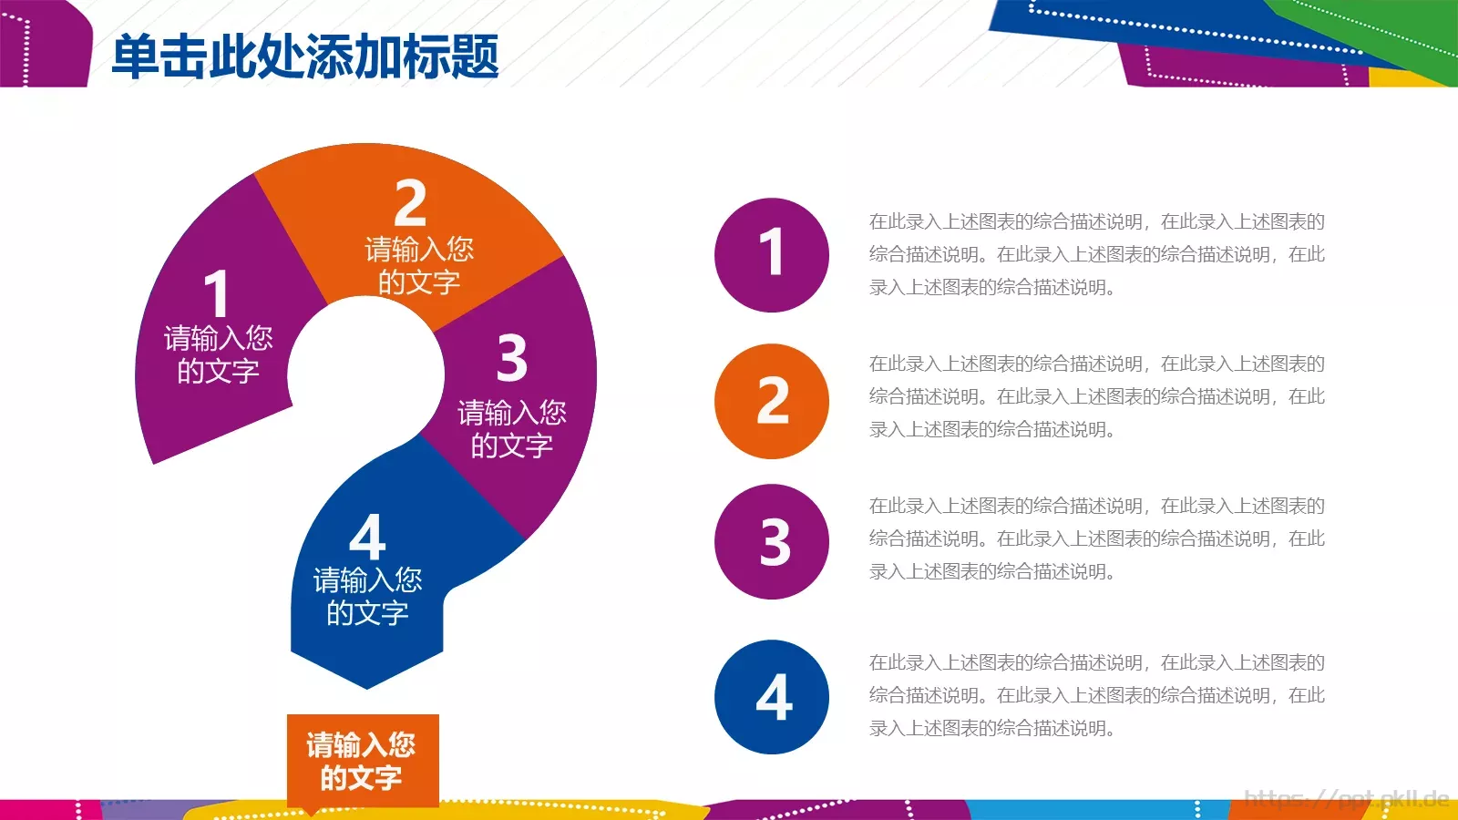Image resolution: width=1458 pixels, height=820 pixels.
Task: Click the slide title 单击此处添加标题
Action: tap(305, 56)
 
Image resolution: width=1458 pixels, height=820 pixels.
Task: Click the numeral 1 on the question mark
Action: tap(216, 293)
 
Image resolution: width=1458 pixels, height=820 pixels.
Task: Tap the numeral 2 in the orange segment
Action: tap(411, 203)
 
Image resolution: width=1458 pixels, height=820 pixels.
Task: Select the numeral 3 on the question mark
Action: tap(512, 357)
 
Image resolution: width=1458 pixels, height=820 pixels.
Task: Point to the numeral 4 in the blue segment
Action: tap(368, 538)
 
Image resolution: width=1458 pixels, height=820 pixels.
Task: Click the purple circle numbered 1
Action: tap(772, 254)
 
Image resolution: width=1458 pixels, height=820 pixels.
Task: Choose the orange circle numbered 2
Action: tap(772, 401)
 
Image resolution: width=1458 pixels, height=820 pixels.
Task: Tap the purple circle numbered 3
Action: tap(772, 541)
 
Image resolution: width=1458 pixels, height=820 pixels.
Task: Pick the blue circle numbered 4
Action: tap(772, 697)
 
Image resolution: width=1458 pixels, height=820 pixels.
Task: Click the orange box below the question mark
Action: tap(363, 761)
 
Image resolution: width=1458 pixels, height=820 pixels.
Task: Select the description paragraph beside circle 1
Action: tap(1096, 254)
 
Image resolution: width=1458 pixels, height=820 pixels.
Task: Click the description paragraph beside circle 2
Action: tap(1096, 396)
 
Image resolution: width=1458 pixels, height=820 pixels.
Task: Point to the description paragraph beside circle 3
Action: tap(1096, 538)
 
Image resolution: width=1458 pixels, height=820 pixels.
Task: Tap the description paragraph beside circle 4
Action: tap(1096, 695)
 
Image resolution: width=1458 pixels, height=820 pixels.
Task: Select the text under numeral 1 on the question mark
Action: tap(218, 354)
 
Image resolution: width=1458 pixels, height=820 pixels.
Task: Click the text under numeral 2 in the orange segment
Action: tap(419, 265)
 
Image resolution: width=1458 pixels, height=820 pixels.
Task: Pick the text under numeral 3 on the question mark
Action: tap(511, 429)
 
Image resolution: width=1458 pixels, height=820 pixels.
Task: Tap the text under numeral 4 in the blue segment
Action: tap(367, 596)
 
